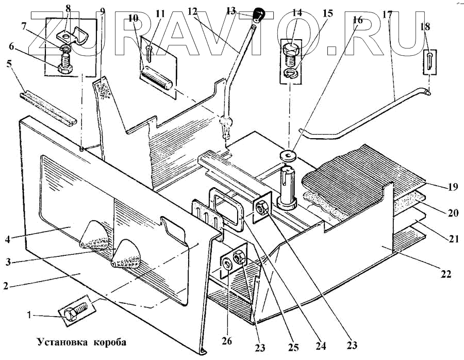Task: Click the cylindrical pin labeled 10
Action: click(157, 81)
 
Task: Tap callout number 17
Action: click(387, 14)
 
